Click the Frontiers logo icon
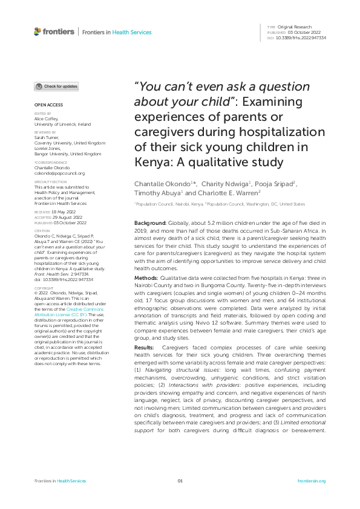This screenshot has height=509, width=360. pyautogui.click(x=38, y=31)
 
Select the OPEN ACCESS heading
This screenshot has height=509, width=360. pyautogui.click(x=45, y=105)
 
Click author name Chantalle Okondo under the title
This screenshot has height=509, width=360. pyautogui.click(x=159, y=184)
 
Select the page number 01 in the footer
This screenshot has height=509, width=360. pyautogui.click(x=180, y=481)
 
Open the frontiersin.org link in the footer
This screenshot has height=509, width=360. pyautogui.click(x=312, y=481)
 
